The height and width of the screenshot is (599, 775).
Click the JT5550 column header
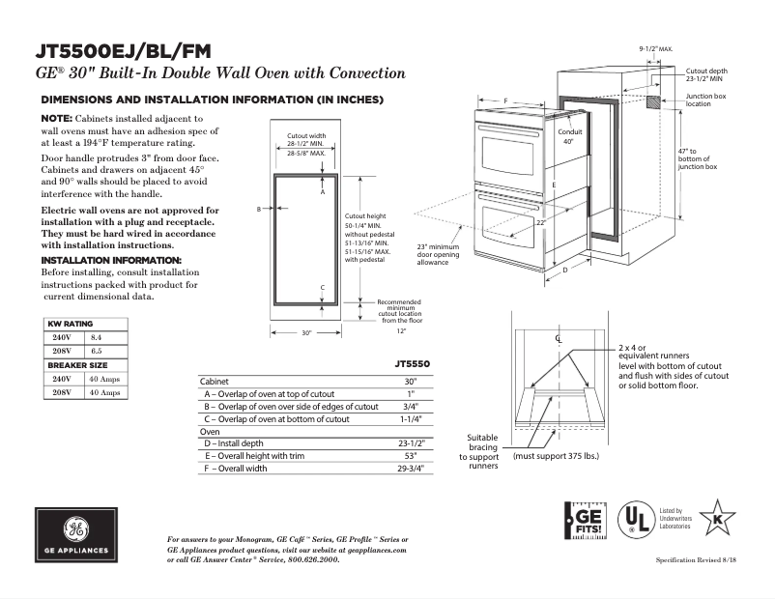(x=412, y=364)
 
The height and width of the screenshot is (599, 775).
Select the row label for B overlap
(x=290, y=407)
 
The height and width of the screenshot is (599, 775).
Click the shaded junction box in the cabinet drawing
(x=654, y=101)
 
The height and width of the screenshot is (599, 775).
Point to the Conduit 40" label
(x=568, y=136)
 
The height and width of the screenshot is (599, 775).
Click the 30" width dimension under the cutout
(x=306, y=332)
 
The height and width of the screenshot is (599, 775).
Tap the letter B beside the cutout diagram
(x=259, y=209)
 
